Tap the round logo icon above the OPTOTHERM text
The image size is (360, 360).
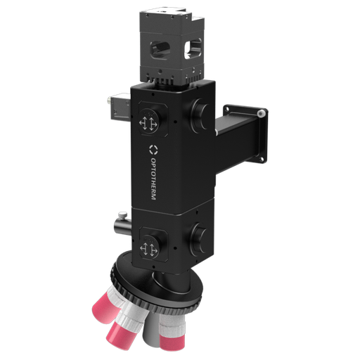153,150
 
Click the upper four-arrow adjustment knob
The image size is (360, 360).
148,122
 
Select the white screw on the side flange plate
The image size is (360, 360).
261,111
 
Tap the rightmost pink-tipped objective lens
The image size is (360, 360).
173,330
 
